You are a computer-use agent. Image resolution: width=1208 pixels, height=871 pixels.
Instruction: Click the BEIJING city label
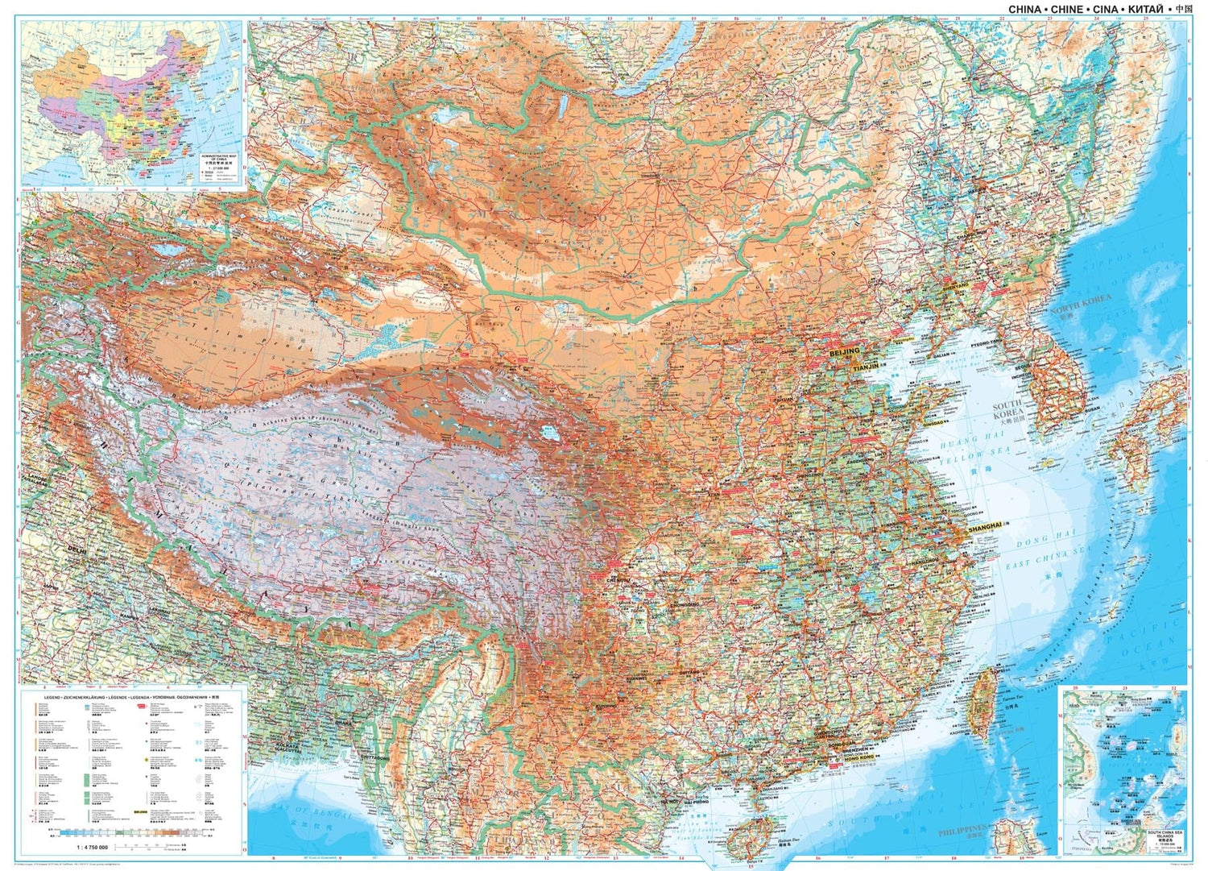(x=844, y=353)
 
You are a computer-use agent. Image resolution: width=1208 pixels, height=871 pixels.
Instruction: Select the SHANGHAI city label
(x=985, y=526)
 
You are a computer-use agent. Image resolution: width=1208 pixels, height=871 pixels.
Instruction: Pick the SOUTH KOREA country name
(x=1007, y=409)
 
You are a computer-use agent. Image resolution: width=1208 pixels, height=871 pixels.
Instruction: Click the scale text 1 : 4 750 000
(x=93, y=846)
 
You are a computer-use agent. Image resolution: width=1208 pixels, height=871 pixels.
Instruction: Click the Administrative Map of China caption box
(x=215, y=166)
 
